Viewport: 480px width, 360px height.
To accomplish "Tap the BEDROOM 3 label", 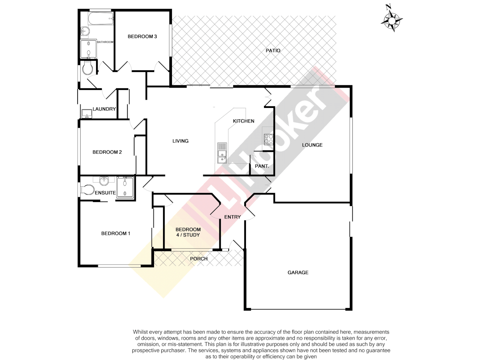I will coord(142,36).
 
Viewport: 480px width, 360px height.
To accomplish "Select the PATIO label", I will coord(273,51).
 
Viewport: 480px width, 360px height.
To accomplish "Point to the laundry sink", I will coord(87,114).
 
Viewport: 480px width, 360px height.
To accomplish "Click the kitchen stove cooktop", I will coord(269,139).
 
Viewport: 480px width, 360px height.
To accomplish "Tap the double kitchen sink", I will coord(222,157).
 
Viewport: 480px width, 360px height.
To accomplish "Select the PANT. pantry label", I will coord(262,166).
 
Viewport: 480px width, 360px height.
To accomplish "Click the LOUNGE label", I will coord(312,145).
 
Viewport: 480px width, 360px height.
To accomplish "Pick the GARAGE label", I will coord(298,273).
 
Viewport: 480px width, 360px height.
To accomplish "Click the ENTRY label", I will coord(232,217).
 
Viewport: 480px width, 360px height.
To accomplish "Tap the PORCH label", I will coord(199,259).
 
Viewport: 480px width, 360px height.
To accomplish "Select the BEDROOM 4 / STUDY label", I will coord(188,232).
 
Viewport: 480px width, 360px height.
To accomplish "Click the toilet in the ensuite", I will coord(88,190).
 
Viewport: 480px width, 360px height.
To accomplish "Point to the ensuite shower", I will coord(125,188).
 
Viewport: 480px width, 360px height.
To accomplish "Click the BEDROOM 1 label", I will coord(116,233).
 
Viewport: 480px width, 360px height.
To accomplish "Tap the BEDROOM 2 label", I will coord(107,152).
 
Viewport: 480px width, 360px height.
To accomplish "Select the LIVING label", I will coord(180,141).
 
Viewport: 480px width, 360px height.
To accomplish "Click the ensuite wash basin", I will coord(104,181).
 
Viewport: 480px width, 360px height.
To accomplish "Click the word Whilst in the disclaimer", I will coord(140,332).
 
